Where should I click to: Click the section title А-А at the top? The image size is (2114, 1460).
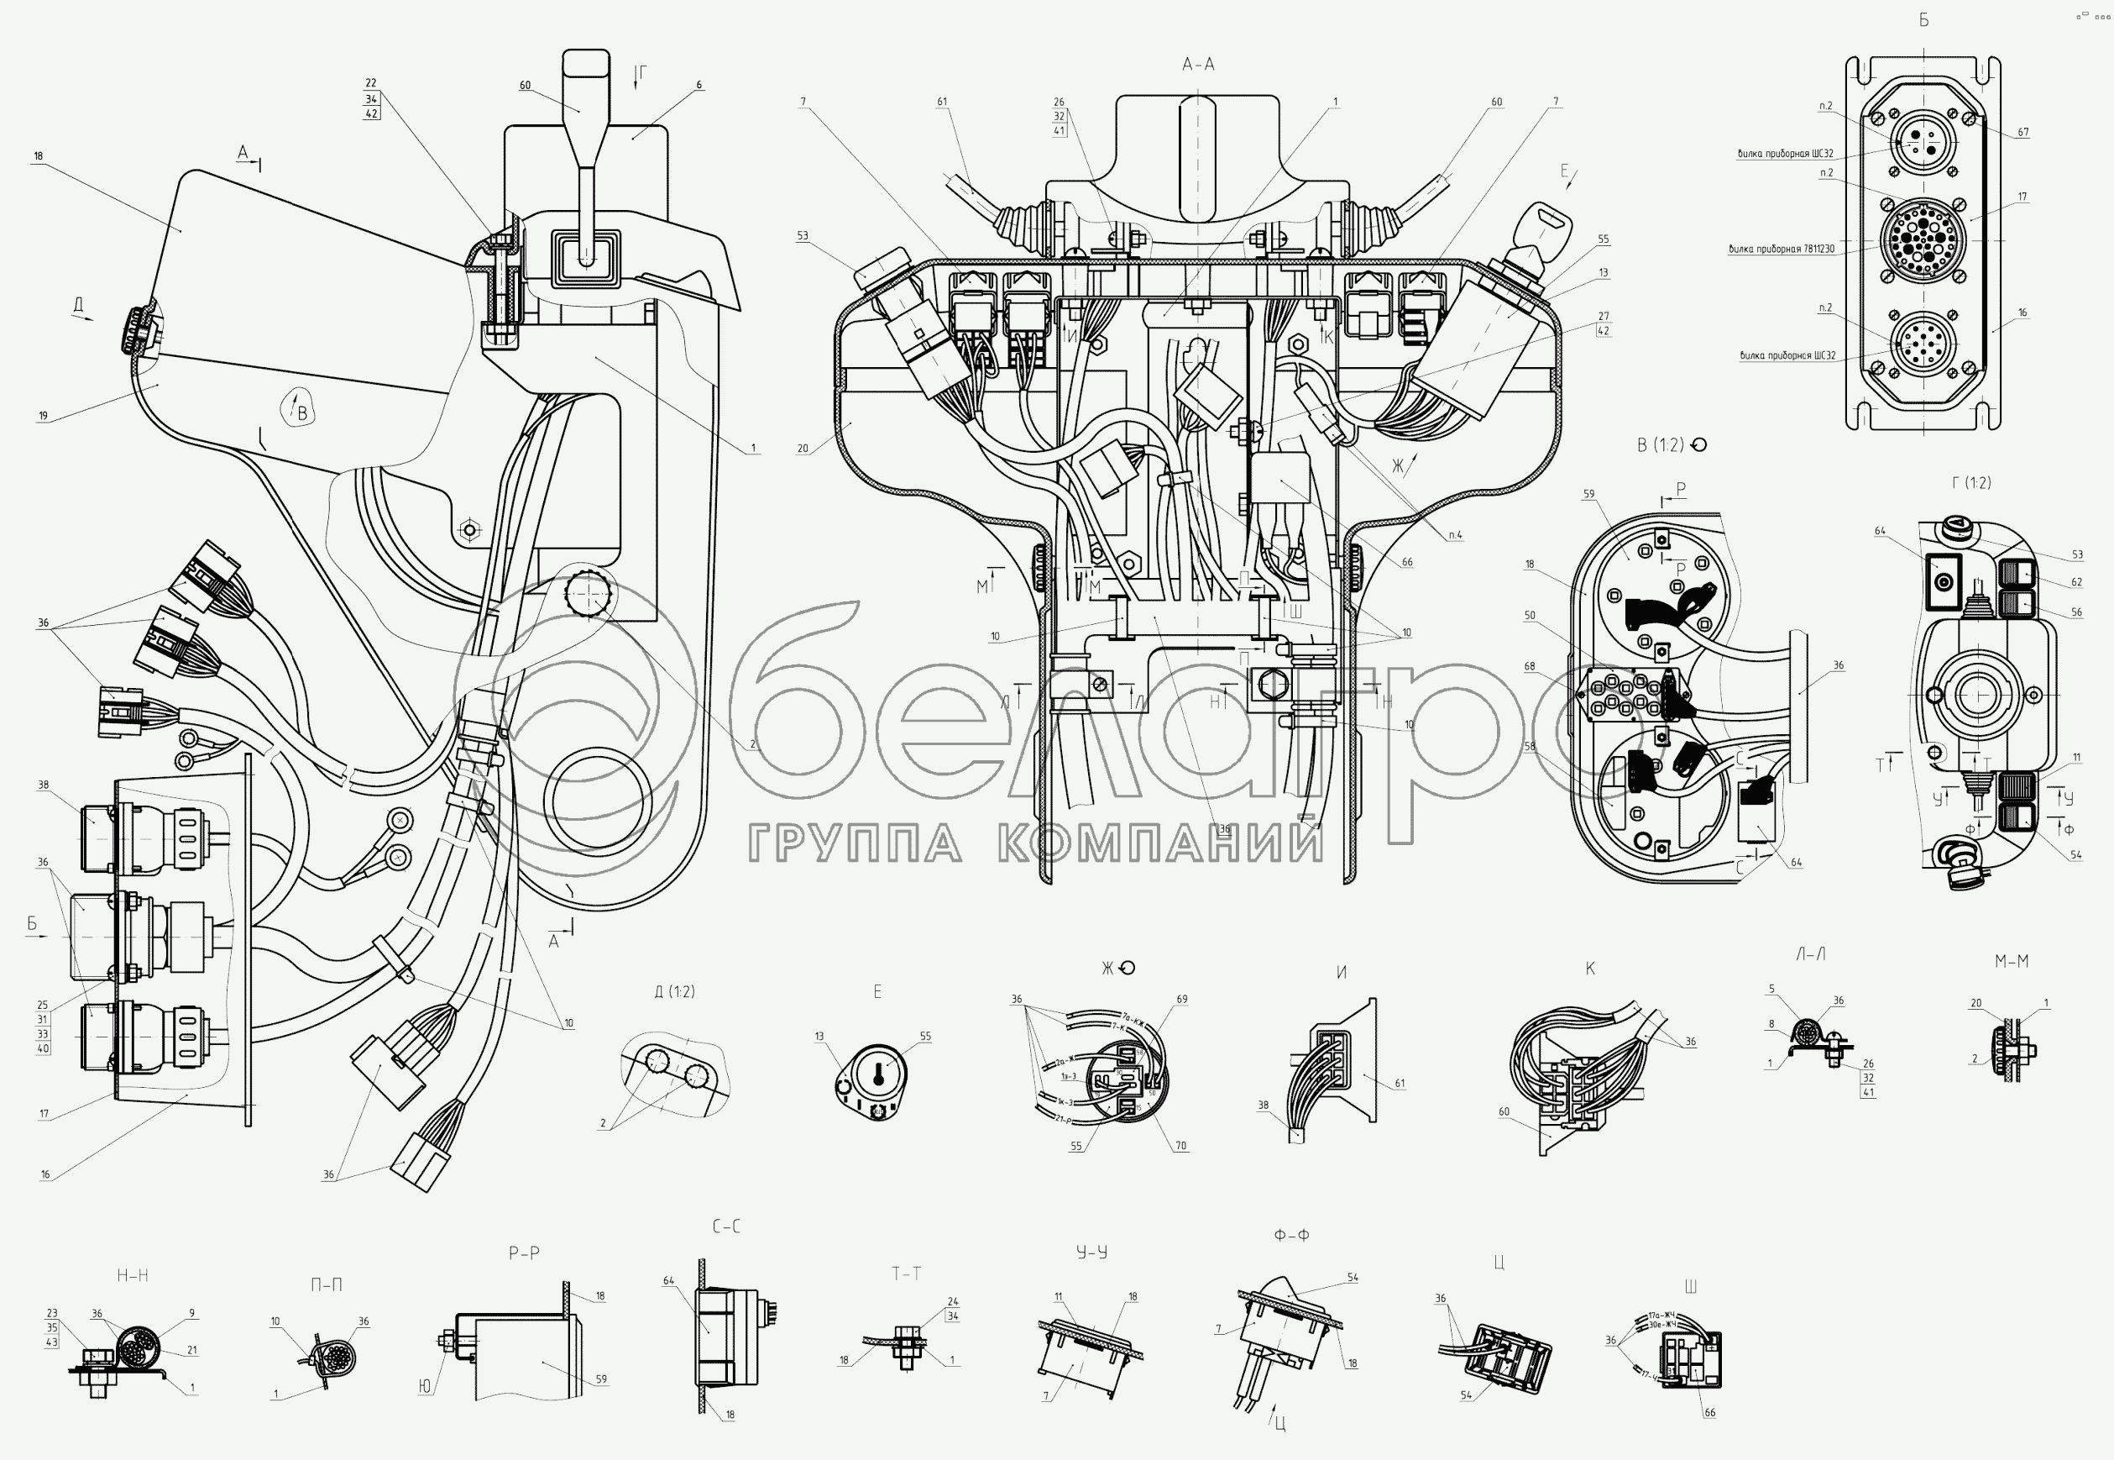1198,64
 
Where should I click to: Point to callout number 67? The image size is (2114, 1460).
2023,133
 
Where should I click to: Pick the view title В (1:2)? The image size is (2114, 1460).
1661,445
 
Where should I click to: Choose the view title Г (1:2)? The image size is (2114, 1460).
1970,482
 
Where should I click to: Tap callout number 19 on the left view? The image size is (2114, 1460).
43,416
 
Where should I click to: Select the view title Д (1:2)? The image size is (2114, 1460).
675,991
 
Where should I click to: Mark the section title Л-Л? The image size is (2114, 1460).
1810,954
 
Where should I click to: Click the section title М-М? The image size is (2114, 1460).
2012,962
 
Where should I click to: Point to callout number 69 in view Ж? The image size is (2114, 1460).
1182,1000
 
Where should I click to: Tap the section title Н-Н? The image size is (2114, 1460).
133,1275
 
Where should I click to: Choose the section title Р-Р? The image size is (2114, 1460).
524,1253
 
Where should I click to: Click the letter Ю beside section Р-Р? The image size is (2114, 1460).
425,1388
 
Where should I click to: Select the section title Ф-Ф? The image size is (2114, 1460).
1291,1235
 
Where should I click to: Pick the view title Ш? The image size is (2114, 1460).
1691,1288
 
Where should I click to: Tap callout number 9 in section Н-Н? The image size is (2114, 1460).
192,1314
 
